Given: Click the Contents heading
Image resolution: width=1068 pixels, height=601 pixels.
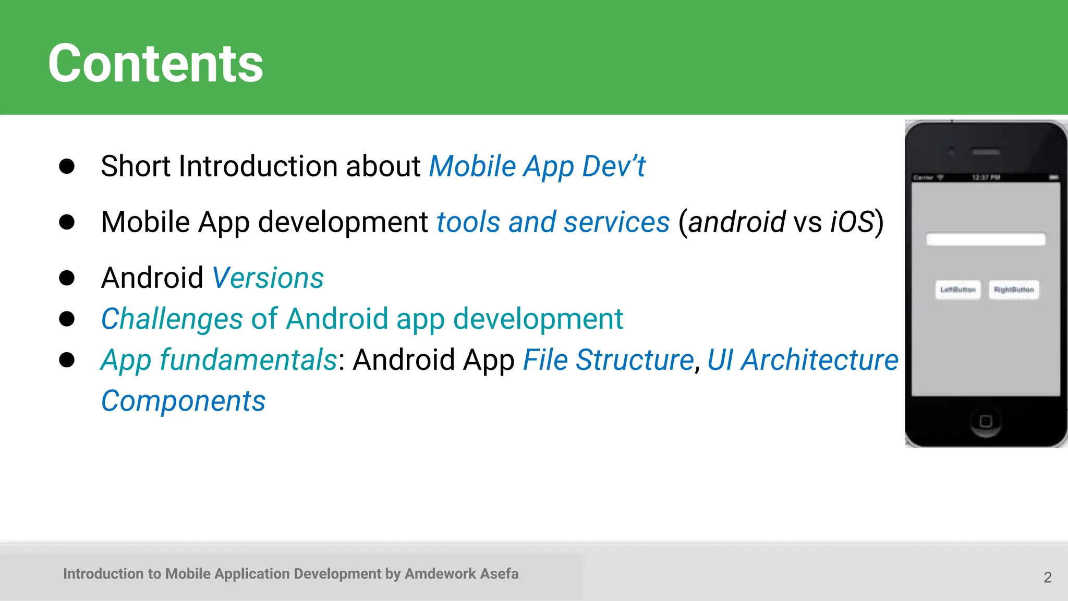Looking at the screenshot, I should [x=155, y=64].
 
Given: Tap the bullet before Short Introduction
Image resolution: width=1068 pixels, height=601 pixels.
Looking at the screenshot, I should [x=67, y=166].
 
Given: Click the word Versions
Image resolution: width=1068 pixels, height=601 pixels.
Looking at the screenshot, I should [x=268, y=278].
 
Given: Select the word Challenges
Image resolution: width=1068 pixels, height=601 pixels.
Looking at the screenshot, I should [x=172, y=319].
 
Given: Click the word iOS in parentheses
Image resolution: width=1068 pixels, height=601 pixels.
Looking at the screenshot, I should [x=852, y=222].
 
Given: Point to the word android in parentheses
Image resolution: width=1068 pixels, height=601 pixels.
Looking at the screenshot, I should [x=736, y=222].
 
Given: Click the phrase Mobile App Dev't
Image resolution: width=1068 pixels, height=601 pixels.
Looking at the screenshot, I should [x=537, y=167].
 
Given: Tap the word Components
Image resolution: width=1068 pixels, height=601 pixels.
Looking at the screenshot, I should [x=183, y=401].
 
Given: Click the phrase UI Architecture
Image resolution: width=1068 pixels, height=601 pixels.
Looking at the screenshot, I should [x=803, y=360].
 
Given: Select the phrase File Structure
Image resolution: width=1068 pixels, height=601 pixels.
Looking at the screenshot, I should [x=608, y=360].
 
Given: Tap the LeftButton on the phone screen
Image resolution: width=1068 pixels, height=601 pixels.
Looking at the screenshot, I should [x=958, y=290].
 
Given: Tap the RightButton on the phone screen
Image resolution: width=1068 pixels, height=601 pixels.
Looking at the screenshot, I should [x=1014, y=290].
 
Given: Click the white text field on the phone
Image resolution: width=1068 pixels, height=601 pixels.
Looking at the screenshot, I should [x=986, y=239].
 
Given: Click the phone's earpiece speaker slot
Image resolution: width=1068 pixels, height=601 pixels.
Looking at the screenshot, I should [x=986, y=152].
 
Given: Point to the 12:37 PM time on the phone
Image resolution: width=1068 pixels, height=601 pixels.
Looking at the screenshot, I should [x=986, y=177].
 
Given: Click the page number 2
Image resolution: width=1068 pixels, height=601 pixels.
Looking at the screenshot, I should [x=1047, y=578].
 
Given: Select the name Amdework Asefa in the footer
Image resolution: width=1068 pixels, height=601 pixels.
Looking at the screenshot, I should [x=462, y=574].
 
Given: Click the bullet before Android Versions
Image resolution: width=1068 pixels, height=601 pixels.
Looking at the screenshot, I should [x=67, y=278].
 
